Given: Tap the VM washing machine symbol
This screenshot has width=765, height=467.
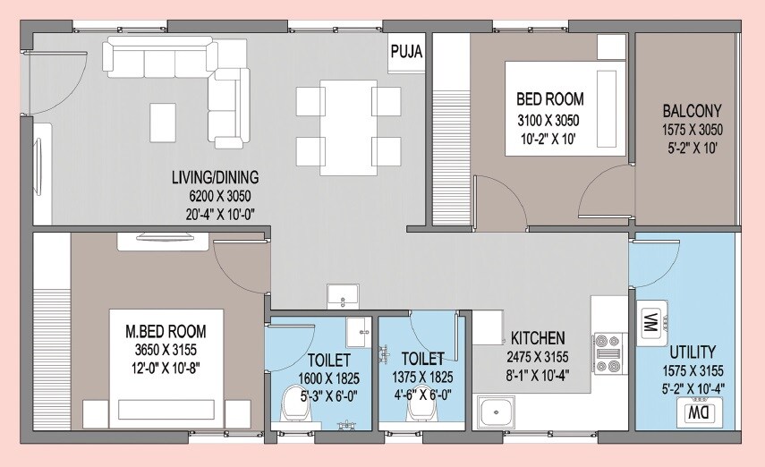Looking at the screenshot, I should (x=650, y=322).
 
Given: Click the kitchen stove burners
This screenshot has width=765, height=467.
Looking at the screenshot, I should (x=608, y=352).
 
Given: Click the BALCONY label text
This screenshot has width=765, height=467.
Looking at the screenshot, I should (x=692, y=112).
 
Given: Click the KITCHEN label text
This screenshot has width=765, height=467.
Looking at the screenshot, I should (x=537, y=338).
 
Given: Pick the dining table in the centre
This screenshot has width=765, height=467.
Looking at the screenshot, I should (x=348, y=127).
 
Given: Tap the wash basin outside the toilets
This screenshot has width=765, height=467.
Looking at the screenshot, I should (x=342, y=295).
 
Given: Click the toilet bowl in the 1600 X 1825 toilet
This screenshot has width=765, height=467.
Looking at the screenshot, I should (x=296, y=406).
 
